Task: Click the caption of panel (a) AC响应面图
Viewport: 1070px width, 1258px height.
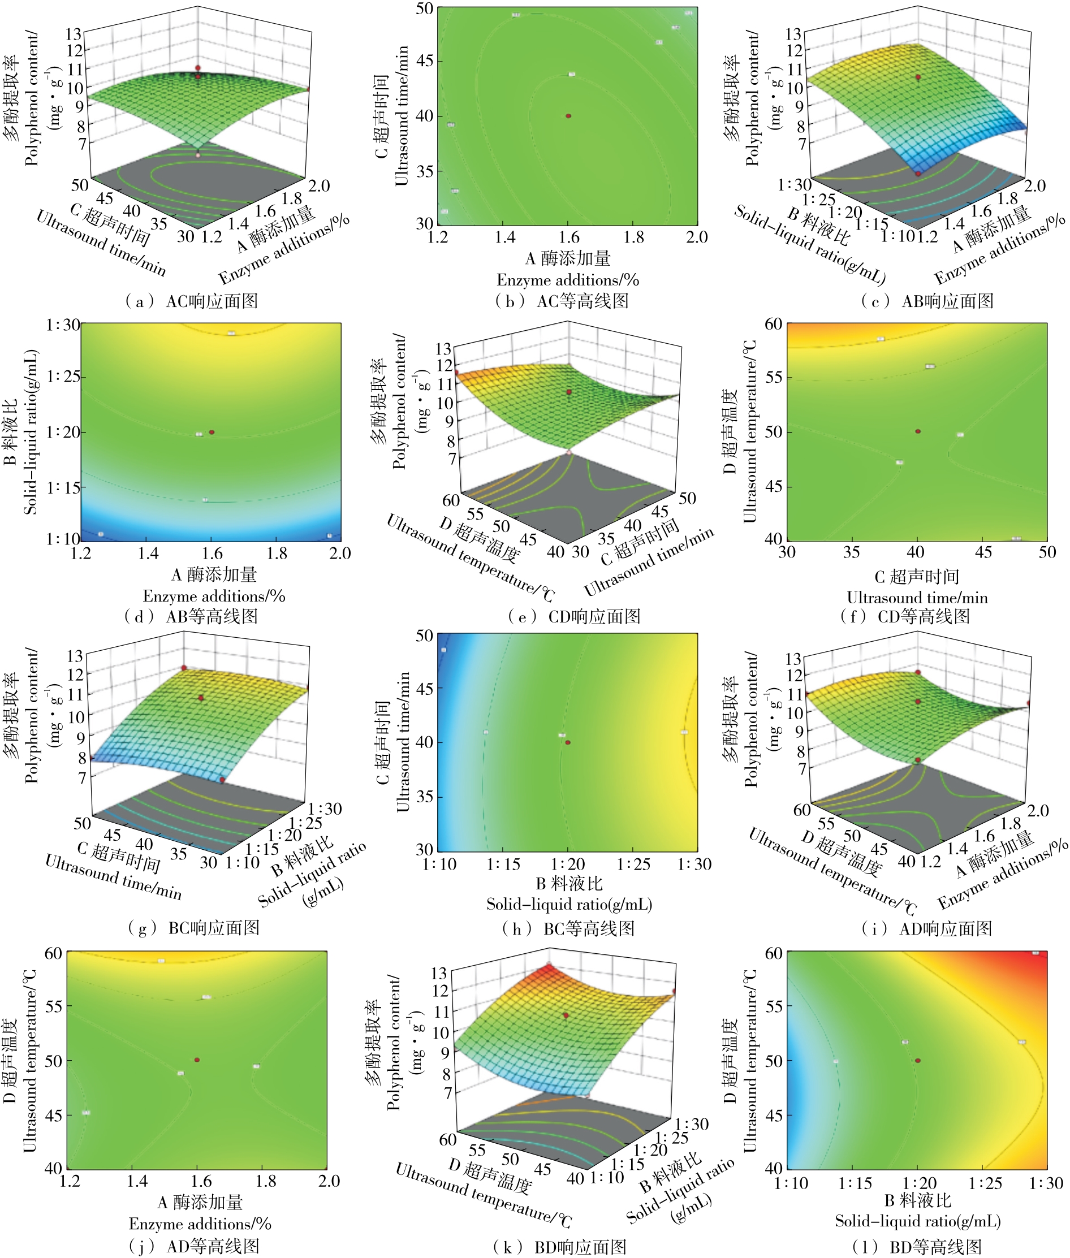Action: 192,301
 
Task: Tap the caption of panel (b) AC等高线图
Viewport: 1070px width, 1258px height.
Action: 562,301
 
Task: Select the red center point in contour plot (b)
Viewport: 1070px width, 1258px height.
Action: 568,116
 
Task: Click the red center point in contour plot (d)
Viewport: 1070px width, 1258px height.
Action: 212,433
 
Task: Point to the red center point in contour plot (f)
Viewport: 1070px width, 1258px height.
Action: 918,431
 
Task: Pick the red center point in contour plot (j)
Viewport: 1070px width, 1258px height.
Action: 197,1060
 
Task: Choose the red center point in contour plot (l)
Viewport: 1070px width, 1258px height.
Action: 918,1061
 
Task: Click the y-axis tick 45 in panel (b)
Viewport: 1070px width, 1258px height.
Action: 424,61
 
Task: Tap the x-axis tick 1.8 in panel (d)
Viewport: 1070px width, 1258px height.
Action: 277,553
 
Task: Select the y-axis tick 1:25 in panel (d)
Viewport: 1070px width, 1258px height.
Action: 63,377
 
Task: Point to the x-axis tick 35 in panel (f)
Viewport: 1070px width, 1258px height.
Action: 851,552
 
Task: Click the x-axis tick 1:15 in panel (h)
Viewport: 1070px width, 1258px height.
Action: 503,864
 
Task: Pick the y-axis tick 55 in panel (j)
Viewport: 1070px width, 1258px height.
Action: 53,1006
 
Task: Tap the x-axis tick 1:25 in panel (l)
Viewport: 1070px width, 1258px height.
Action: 985,1183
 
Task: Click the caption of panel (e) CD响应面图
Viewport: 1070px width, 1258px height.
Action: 575,617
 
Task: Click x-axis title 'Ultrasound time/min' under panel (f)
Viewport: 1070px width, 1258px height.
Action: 917,598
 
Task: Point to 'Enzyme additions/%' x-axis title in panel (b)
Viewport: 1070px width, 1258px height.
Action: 568,280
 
